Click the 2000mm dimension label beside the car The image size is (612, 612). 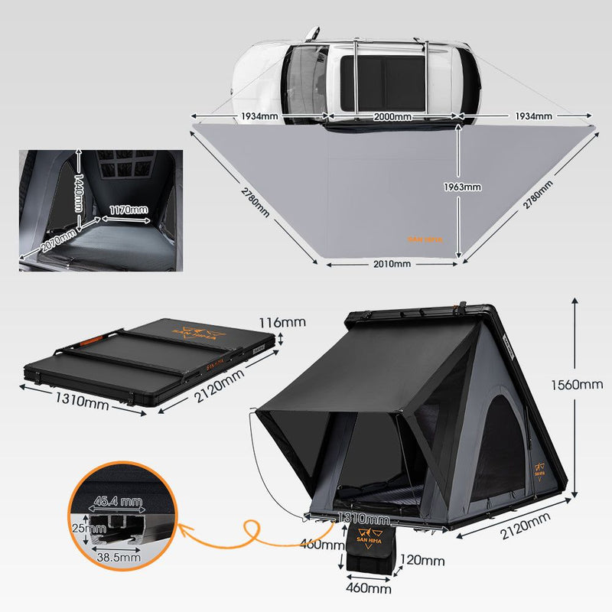392,117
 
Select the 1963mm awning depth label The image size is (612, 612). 463,187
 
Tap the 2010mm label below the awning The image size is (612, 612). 392,264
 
